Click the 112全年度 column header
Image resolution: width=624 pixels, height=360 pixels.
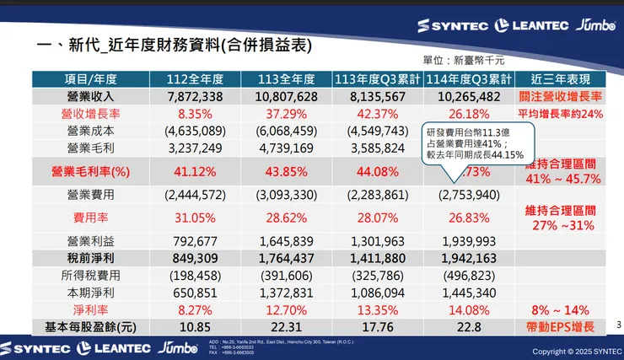point(195,79)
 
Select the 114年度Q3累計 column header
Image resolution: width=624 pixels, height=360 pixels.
point(470,79)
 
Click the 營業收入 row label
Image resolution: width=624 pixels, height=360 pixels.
point(91,96)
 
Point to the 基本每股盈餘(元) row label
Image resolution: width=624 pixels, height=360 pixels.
point(91,326)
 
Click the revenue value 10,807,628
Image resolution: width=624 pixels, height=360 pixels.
point(286,96)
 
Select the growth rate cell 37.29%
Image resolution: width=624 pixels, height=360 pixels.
point(286,114)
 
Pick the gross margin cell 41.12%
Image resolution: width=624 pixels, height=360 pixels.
point(195,171)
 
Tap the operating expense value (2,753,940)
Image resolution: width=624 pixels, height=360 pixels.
point(470,195)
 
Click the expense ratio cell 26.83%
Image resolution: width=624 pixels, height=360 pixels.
point(470,218)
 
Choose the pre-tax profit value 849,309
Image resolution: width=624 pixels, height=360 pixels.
point(195,258)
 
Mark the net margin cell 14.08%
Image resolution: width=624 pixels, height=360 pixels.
point(470,309)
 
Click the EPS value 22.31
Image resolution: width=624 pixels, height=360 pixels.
point(286,326)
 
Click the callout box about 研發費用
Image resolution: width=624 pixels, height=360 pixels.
point(476,142)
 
